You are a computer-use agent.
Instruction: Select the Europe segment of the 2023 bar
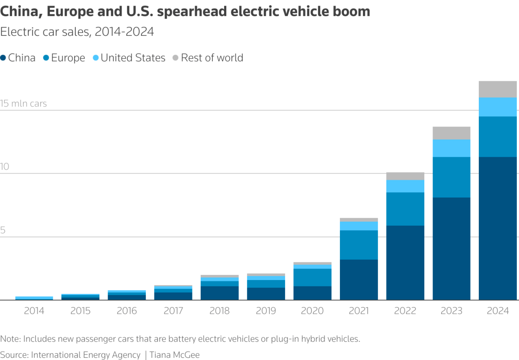[x=451, y=177]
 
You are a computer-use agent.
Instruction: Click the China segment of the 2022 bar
[x=405, y=263]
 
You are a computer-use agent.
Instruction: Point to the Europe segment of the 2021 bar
[x=359, y=245]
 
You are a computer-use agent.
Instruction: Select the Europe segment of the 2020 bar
[x=312, y=277]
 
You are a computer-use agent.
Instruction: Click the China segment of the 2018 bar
[x=219, y=293]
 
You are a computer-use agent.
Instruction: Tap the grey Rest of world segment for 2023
[x=451, y=133]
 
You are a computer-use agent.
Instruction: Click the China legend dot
[x=3, y=58]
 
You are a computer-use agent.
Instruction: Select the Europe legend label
[x=68, y=58]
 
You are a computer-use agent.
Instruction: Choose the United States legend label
[x=133, y=58]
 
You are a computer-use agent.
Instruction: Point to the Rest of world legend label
[x=212, y=58]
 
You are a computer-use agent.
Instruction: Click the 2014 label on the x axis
[x=34, y=311]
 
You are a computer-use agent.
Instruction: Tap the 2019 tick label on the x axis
[x=266, y=311]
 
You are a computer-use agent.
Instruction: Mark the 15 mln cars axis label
[x=23, y=104]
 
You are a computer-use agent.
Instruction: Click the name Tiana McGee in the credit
[x=175, y=355]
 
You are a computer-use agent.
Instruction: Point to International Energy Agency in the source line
[x=86, y=355]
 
